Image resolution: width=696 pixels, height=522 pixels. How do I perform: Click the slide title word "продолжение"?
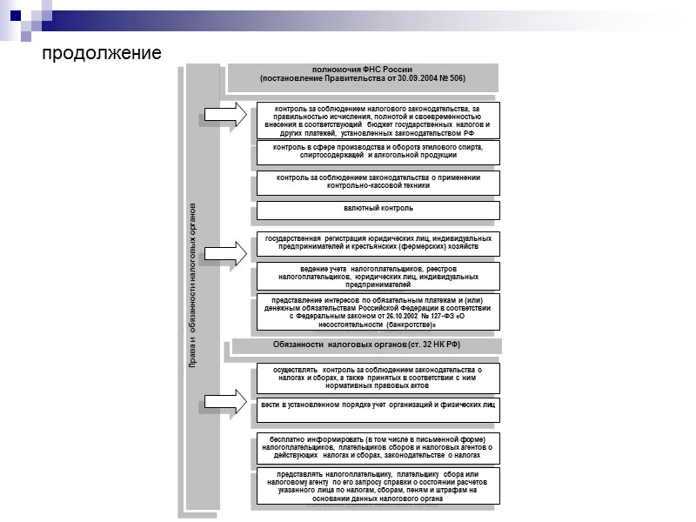click(103, 53)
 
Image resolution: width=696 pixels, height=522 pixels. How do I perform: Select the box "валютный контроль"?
click(378, 209)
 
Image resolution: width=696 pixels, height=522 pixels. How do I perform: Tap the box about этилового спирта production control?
click(378, 152)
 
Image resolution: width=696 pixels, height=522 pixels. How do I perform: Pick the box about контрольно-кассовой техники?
click(378, 182)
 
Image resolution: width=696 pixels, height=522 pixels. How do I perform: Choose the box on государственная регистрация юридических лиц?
click(378, 243)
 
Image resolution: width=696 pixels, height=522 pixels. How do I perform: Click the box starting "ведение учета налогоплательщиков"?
click(378, 277)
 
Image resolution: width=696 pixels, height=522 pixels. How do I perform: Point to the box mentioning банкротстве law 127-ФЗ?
click(378, 312)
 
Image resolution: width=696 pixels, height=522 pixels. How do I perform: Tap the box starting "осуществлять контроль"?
click(378, 376)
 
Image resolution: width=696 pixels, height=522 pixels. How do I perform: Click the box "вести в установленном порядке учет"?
click(378, 405)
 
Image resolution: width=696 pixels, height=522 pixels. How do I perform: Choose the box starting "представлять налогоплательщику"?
click(378, 486)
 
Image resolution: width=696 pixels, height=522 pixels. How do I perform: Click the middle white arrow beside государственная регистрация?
click(225, 251)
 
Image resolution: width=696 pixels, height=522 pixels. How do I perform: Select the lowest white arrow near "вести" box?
click(225, 402)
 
